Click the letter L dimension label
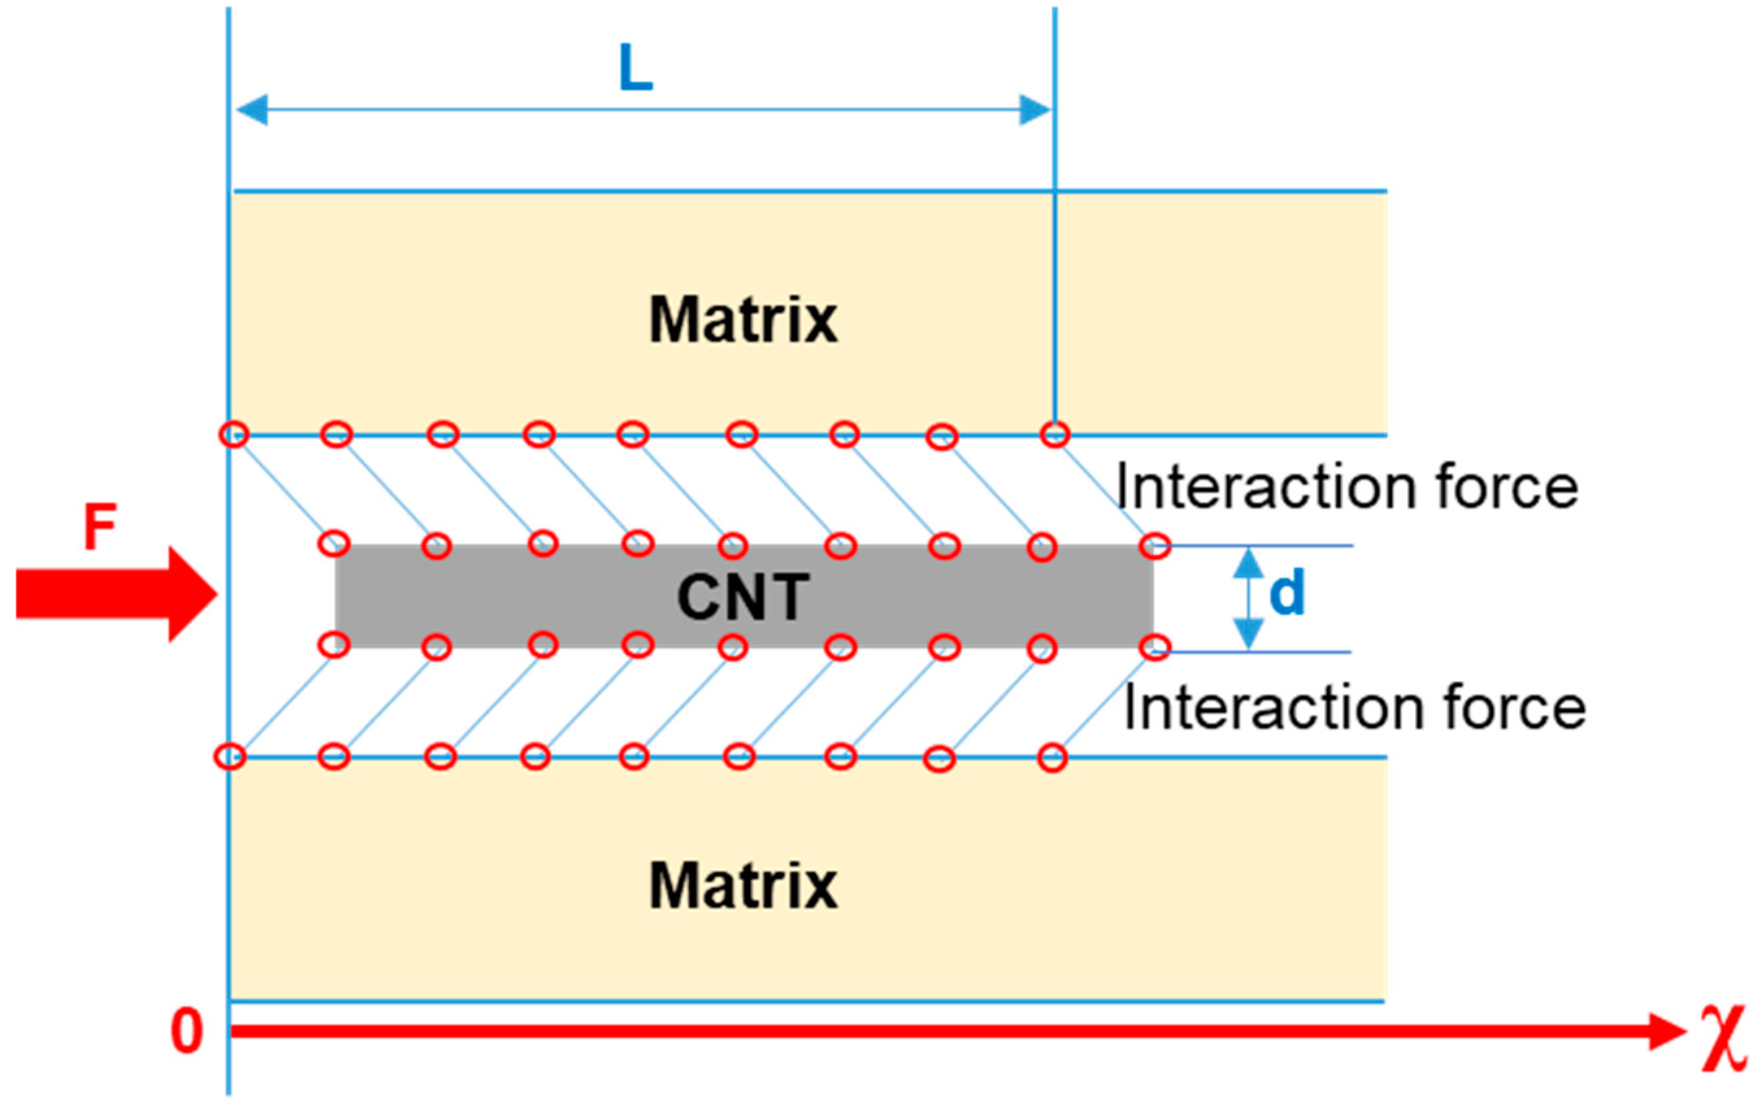(635, 68)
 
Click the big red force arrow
(117, 594)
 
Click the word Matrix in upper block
(743, 320)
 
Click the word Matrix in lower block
(743, 886)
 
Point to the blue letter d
(1287, 593)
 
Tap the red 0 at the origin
(186, 1031)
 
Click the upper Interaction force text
(1346, 488)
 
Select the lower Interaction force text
(1354, 708)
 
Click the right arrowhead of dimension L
(1035, 110)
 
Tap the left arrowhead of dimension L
(252, 110)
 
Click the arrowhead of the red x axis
(1667, 1031)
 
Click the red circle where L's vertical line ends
(1055, 434)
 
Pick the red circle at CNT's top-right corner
(1155, 545)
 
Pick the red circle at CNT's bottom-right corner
(1155, 648)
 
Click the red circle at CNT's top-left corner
(334, 544)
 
